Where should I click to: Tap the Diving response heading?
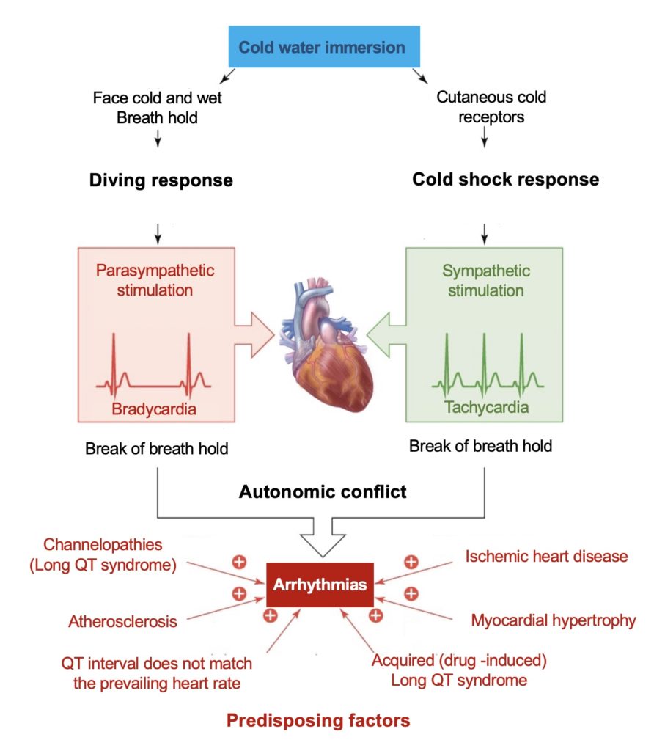coord(161,180)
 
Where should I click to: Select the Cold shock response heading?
coord(505,179)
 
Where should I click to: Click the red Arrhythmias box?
coord(320,585)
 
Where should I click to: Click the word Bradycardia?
coord(154,409)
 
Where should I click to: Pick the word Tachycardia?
coord(486,407)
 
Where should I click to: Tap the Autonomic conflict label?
coord(323,491)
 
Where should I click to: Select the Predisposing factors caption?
coord(318,721)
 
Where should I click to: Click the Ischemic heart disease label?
coord(546,556)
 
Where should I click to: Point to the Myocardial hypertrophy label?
coord(553,620)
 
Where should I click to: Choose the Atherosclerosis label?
coord(123,622)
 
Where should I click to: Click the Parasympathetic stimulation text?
coord(155,280)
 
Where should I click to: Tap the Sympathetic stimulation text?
coord(486,280)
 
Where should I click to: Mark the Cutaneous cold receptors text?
coord(491,106)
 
